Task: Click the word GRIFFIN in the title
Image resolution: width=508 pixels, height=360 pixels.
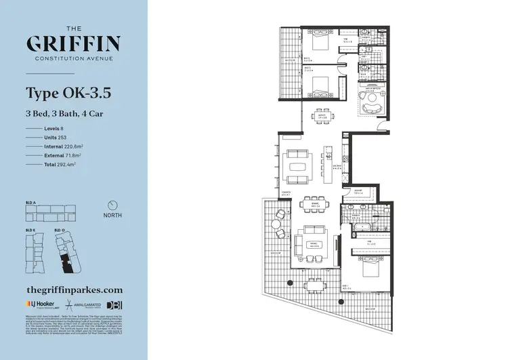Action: point(74,44)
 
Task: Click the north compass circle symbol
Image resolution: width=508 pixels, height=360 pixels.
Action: point(113,205)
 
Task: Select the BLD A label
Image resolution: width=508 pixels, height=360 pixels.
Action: point(31,202)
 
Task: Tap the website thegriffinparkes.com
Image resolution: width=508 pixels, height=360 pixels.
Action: point(74,288)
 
